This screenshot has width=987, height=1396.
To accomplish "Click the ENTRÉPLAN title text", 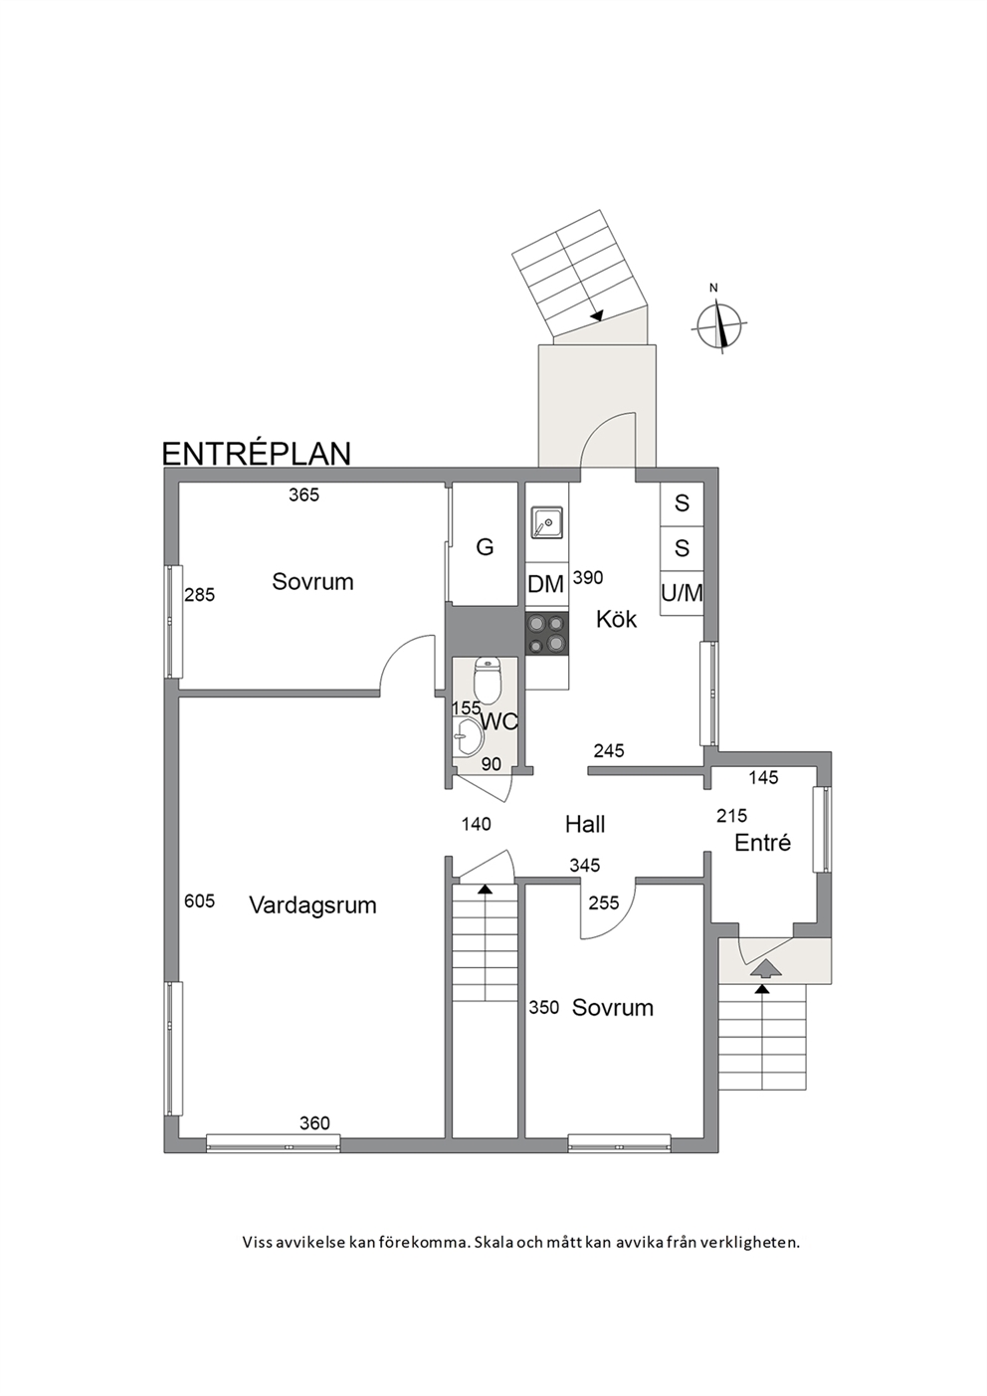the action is tap(256, 454).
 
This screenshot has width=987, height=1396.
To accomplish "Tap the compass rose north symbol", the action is tap(720, 321).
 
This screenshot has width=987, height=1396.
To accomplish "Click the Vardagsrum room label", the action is tap(312, 904).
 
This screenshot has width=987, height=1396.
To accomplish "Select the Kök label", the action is tap(616, 620).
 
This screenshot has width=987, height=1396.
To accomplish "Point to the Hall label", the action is tap(585, 825).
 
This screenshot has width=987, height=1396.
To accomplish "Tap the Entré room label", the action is tap(763, 843).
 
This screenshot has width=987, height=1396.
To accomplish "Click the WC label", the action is tap(499, 721).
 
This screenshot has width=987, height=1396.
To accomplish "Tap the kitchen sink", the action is tap(547, 522).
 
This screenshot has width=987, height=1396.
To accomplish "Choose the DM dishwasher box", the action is tap(546, 585).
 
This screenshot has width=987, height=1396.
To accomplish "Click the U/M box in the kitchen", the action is tap(682, 593).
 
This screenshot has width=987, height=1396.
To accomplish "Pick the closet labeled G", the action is tap(485, 544).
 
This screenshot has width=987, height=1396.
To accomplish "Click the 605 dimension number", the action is tap(199, 901).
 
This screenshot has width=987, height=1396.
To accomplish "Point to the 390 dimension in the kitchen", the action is tap(588, 578).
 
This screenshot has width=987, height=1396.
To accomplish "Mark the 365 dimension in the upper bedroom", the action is tap(304, 495).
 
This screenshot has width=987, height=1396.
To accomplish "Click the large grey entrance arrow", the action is tap(766, 968).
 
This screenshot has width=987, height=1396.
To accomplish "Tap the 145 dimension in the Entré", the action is tap(764, 777).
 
